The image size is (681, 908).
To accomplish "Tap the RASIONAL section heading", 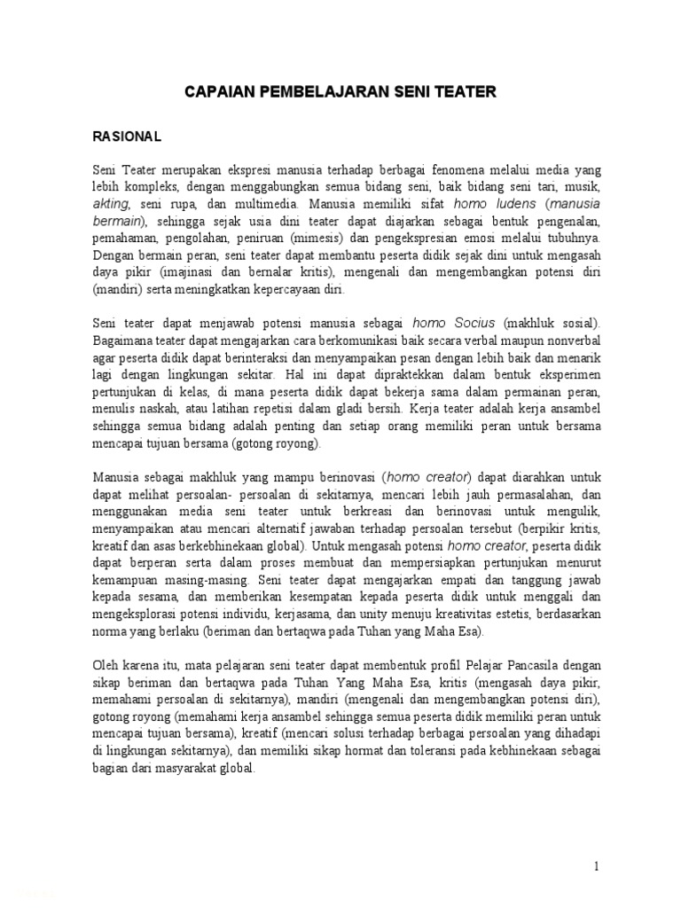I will [x=128, y=137].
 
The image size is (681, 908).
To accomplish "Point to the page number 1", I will [x=597, y=865].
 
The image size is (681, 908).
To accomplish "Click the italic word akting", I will [x=109, y=203].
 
